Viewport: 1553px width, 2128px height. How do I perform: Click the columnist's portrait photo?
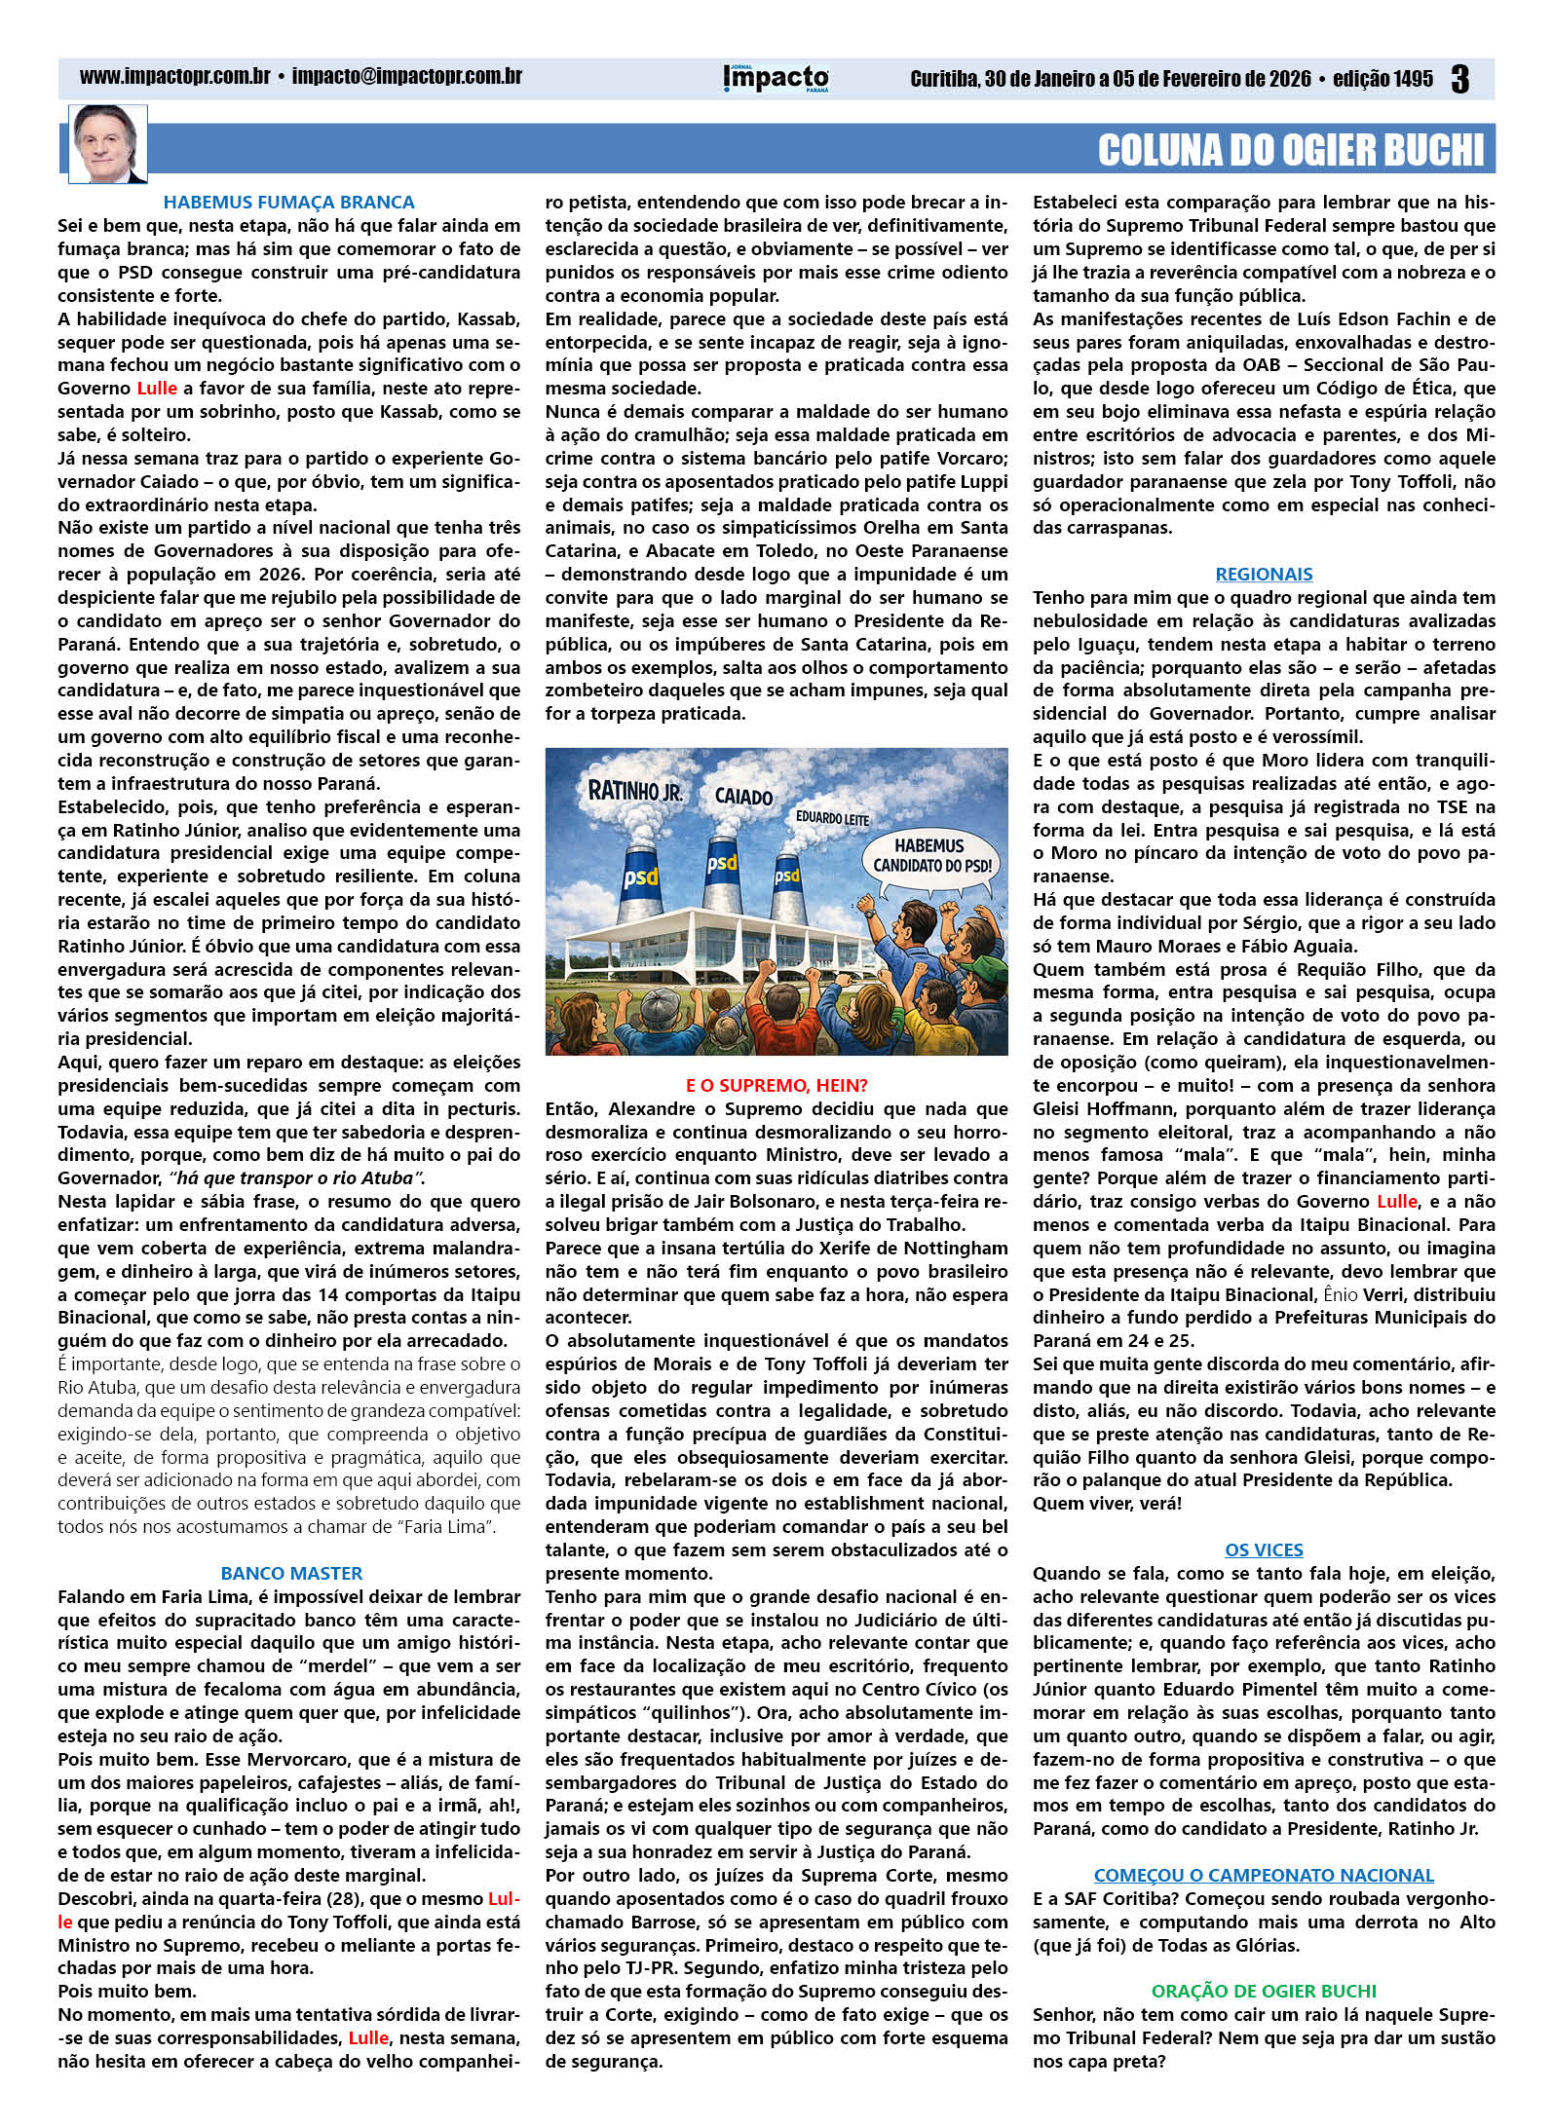point(107,144)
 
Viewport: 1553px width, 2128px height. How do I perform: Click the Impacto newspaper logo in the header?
point(776,78)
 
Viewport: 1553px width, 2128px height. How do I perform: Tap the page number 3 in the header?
point(1458,79)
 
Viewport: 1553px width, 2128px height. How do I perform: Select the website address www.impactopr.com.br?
point(174,77)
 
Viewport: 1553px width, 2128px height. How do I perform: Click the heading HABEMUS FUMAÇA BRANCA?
point(288,203)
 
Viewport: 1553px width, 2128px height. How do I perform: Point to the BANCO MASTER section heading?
point(291,1573)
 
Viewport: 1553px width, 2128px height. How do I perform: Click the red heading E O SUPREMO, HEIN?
point(776,1085)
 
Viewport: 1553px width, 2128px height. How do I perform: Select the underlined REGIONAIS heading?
point(1264,575)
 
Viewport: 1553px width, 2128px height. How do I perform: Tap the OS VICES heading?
point(1264,1549)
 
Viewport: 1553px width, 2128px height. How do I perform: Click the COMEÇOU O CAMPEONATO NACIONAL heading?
point(1264,1875)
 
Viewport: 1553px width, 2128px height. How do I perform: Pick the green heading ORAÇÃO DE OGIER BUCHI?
point(1264,1991)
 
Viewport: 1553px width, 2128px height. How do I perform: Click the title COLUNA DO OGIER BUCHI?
point(1290,150)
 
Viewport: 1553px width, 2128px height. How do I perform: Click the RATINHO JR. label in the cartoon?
point(634,791)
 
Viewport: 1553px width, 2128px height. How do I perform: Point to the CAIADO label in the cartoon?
point(743,797)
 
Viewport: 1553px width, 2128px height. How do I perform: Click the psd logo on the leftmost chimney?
point(641,877)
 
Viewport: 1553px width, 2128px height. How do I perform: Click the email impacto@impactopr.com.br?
point(406,77)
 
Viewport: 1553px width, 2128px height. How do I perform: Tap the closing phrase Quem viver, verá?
point(1107,1503)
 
